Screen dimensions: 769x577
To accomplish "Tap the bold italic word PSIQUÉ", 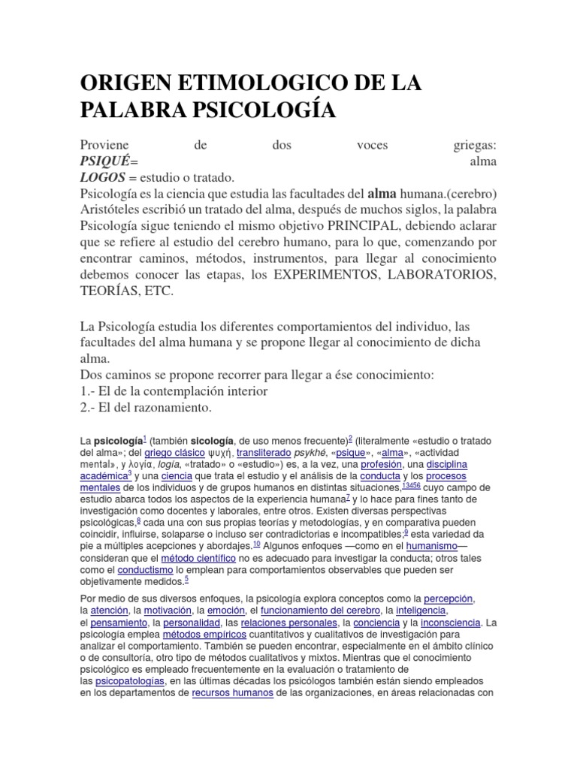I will pyautogui.click(x=107, y=162).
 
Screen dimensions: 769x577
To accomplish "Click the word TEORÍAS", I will pyautogui.click(x=110, y=291).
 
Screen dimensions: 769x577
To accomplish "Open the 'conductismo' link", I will pyautogui.click(x=150, y=570).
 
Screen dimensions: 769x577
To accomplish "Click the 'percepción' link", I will pyautogui.click(x=449, y=599).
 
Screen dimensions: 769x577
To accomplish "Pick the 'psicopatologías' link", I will pyautogui.click(x=129, y=680).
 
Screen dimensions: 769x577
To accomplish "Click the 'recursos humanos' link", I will pyautogui.click(x=232, y=692).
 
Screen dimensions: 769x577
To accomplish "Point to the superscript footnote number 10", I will pyautogui.click(x=256, y=544).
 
